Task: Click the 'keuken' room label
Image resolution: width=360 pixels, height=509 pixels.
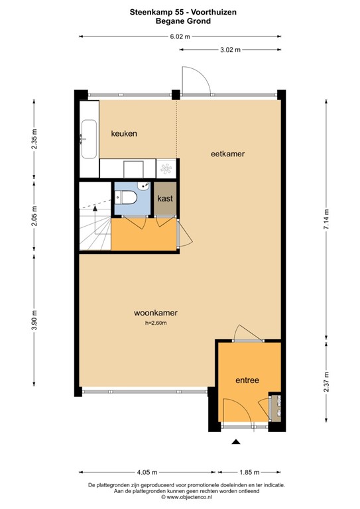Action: [x=124, y=133]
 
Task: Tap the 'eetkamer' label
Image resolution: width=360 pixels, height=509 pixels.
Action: [x=227, y=154]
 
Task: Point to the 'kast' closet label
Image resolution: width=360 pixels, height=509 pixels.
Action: [x=165, y=198]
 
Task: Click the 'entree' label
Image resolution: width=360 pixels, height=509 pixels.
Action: [x=247, y=380]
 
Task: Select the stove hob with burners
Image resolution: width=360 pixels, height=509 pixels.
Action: [x=166, y=169]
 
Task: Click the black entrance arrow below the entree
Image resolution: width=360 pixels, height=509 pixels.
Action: [x=235, y=443]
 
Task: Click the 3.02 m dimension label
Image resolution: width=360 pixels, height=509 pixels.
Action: [x=229, y=50]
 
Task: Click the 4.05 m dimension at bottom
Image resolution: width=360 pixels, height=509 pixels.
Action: [x=147, y=473]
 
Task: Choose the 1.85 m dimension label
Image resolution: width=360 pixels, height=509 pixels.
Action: [x=250, y=473]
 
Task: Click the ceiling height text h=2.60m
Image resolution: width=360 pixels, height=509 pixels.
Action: [x=155, y=323]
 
